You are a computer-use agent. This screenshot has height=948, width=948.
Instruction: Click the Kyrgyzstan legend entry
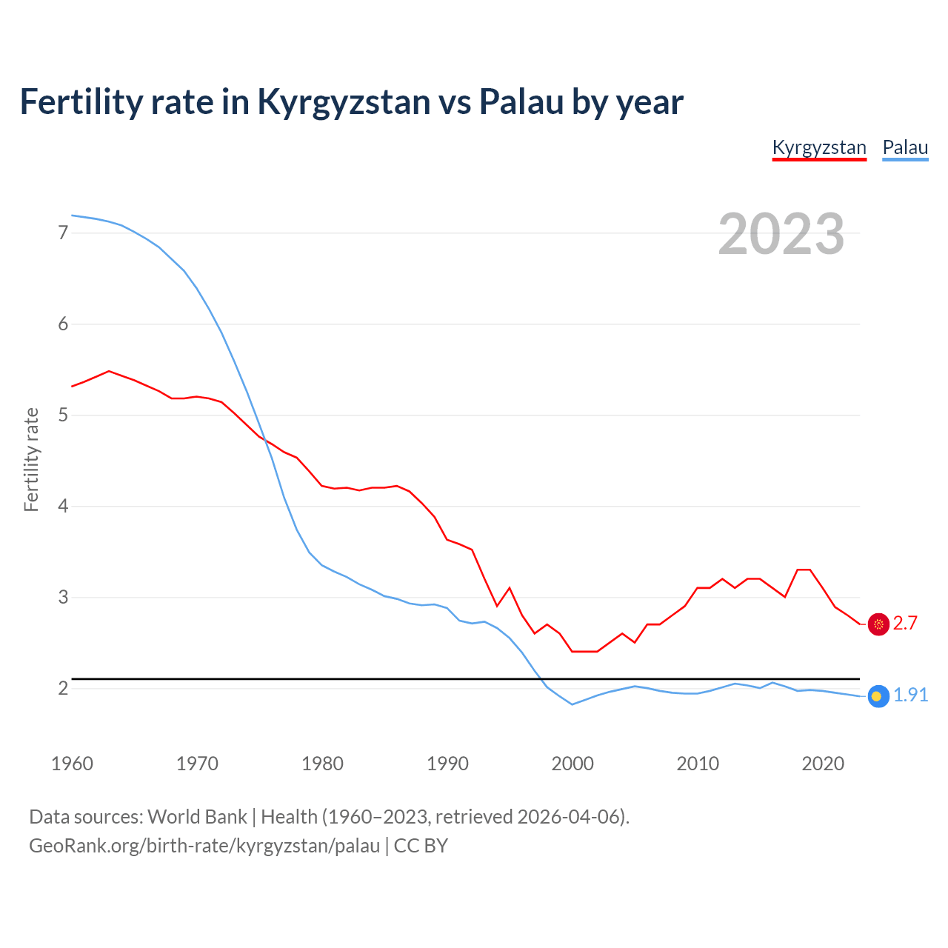(x=819, y=147)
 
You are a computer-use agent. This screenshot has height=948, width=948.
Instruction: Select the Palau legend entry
(x=905, y=147)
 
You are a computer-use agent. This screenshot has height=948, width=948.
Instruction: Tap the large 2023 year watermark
(x=781, y=234)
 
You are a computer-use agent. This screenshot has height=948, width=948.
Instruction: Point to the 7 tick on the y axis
(x=63, y=233)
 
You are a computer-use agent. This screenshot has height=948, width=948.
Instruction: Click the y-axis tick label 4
(x=63, y=506)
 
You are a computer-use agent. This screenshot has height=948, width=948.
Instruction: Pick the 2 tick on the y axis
(x=63, y=688)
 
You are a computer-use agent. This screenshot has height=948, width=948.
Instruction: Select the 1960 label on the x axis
(x=72, y=764)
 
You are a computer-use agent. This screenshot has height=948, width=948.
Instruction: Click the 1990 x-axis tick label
(x=447, y=764)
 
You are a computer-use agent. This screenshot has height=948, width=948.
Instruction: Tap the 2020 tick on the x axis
(x=823, y=764)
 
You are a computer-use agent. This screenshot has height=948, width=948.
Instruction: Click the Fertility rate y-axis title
(x=31, y=459)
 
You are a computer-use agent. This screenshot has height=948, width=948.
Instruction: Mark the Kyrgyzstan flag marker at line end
(x=878, y=624)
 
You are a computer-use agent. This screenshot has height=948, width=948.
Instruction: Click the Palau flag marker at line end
(x=878, y=696)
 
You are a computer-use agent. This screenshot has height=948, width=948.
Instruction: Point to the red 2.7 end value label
(x=905, y=624)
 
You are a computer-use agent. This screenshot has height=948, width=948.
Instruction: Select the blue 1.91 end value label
(x=910, y=695)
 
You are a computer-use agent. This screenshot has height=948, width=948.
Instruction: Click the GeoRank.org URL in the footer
(x=204, y=846)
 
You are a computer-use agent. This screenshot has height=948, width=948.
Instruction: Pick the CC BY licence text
(x=421, y=846)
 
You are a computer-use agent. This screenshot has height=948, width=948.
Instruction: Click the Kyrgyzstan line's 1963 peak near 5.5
(x=109, y=371)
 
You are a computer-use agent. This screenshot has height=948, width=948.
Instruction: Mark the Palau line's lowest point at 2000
(x=572, y=704)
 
